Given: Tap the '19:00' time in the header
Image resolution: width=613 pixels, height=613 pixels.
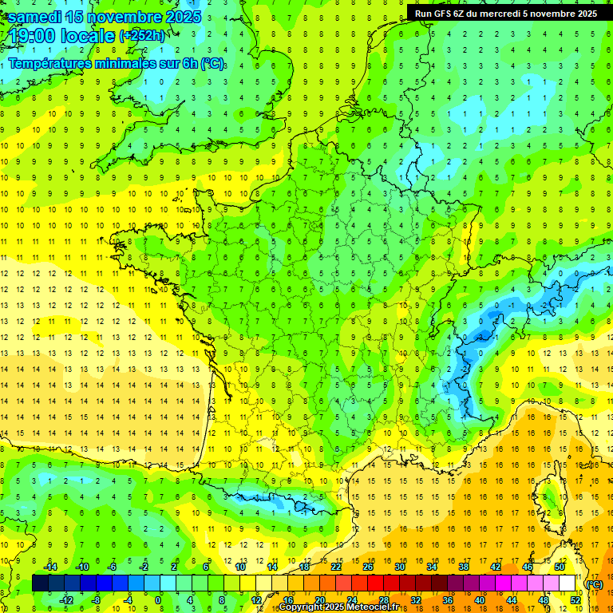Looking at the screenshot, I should (29, 36).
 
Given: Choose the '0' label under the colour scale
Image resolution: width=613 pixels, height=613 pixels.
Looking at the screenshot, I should (158, 600).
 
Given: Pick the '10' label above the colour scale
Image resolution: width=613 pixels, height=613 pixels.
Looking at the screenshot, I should (239, 567).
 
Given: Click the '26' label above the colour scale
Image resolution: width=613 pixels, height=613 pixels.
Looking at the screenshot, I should (367, 567).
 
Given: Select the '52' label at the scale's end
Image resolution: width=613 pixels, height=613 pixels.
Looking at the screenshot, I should (575, 600).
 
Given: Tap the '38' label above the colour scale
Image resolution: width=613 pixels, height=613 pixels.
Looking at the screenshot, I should (463, 567).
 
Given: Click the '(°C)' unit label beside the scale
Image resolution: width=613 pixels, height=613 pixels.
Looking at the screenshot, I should (594, 583).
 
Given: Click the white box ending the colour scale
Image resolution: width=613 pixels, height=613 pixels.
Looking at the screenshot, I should (567, 583).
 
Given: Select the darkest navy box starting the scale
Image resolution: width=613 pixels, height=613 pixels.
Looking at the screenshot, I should (40, 583).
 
